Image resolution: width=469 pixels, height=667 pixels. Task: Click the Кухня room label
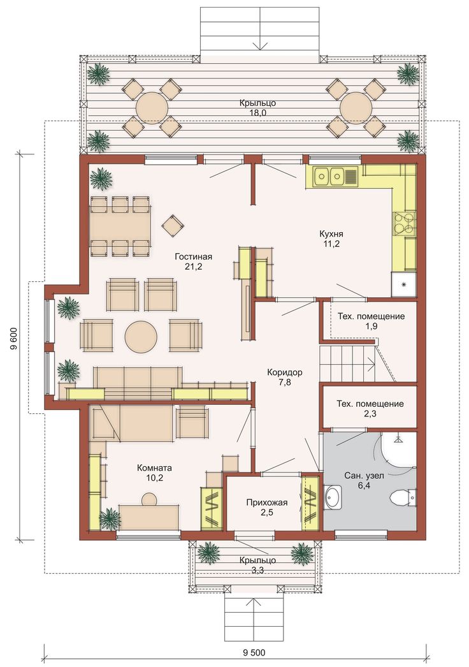331,233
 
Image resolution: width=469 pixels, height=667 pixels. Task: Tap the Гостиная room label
194,256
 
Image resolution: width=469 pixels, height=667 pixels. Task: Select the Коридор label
285,372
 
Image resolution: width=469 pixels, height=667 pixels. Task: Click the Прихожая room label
266,502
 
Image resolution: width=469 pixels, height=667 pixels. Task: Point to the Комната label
154,468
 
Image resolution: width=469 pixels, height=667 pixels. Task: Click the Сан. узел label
364,476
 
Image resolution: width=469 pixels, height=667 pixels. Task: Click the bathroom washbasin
333,496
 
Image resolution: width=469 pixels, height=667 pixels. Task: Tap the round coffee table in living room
141,335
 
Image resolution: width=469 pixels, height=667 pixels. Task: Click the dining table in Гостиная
120,227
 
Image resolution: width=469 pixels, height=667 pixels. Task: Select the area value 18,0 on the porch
258,112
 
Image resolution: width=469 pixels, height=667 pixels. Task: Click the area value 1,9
371,326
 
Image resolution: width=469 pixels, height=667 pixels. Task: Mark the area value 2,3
370,413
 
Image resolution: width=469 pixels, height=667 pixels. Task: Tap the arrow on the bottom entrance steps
254,607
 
